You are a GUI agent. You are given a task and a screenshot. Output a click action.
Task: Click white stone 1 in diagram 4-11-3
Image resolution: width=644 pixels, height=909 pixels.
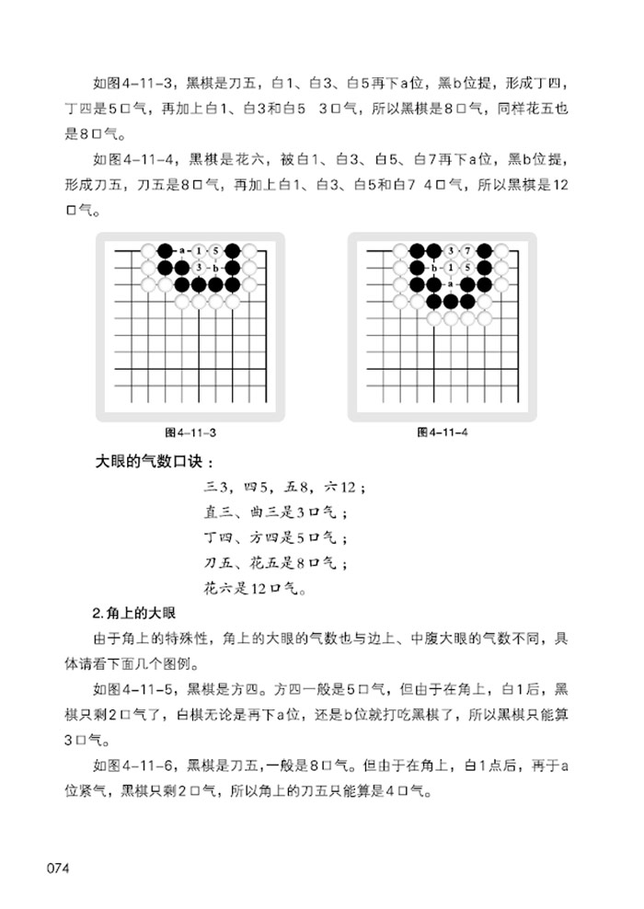pyautogui.click(x=199, y=250)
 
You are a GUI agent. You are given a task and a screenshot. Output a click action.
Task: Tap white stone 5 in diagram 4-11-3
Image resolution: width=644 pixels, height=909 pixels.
pyautogui.click(x=215, y=250)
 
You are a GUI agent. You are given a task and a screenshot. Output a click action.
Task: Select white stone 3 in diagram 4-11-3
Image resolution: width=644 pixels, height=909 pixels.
pyautogui.click(x=199, y=267)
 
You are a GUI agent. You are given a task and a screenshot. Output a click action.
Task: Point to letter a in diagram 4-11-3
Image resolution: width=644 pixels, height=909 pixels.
pyautogui.click(x=182, y=250)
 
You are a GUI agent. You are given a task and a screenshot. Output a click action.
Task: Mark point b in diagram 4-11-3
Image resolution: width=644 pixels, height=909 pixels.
pyautogui.click(x=215, y=267)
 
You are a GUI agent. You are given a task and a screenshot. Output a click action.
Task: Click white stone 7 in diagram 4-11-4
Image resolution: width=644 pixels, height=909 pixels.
pyautogui.click(x=467, y=250)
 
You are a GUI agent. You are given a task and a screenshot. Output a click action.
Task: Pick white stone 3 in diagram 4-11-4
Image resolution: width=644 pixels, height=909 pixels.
pyautogui.click(x=451, y=250)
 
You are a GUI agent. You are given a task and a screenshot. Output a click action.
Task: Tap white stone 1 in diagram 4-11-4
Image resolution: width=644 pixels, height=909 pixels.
pyautogui.click(x=451, y=267)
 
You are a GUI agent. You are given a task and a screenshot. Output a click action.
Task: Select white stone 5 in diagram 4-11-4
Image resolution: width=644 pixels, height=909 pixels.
pyautogui.click(x=467, y=267)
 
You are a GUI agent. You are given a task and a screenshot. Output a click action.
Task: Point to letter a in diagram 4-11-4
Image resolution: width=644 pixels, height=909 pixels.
pyautogui.click(x=451, y=283)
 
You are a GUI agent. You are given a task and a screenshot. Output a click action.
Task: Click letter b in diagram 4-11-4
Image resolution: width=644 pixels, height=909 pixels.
pyautogui.click(x=434, y=267)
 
